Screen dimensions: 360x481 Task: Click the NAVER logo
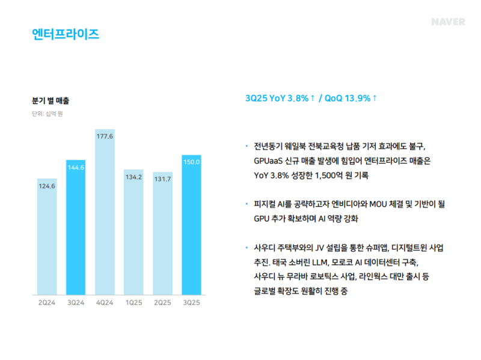pyautogui.click(x=448, y=22)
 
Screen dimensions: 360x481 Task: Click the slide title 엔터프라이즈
pyautogui.click(x=66, y=34)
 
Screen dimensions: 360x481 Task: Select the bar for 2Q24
pyautogui.click(x=47, y=237)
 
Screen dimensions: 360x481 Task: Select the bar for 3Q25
pyautogui.click(x=191, y=225)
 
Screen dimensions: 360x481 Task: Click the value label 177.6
pyautogui.click(x=105, y=136)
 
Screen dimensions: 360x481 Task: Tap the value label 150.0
pyautogui.click(x=191, y=162)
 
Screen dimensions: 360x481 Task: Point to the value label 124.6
pyautogui.click(x=47, y=186)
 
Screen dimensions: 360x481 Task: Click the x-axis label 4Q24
pyautogui.click(x=105, y=302)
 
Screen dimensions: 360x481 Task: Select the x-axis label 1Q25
pyautogui.click(x=133, y=302)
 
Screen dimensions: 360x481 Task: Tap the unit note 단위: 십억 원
pyautogui.click(x=47, y=114)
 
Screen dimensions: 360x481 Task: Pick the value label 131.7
pyautogui.click(x=162, y=178)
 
